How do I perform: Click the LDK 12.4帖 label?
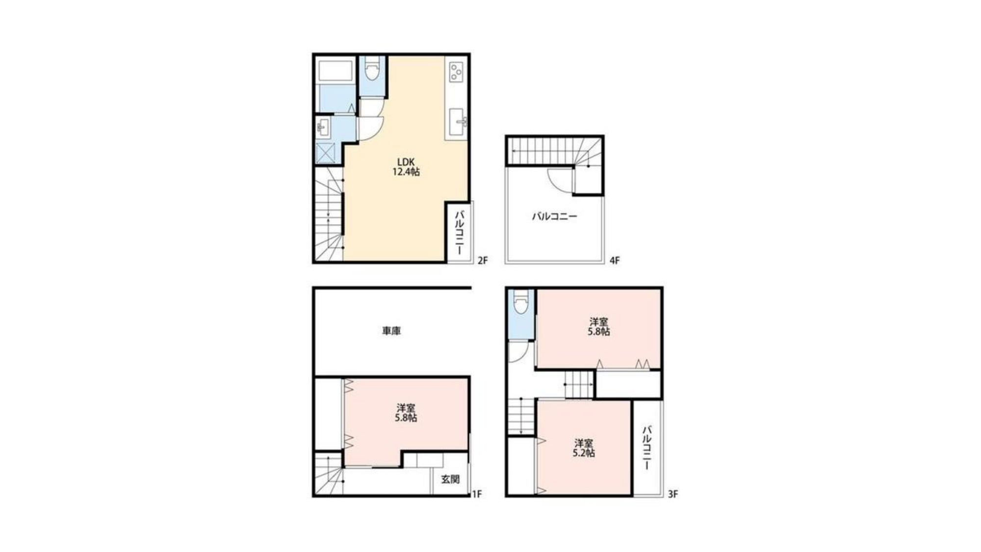click(406, 167)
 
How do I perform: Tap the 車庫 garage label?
click(391, 331)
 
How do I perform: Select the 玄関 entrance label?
click(450, 479)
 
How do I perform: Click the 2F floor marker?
click(483, 261)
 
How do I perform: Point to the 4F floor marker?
click(614, 261)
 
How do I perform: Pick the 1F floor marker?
click(477, 494)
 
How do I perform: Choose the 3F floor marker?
click(672, 494)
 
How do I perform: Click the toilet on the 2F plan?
click(373, 68)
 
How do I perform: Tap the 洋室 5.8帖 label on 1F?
click(406, 413)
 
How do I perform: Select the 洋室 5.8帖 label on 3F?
click(599, 326)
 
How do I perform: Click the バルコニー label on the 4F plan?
click(555, 216)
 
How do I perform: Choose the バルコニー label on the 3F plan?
click(647, 447)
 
